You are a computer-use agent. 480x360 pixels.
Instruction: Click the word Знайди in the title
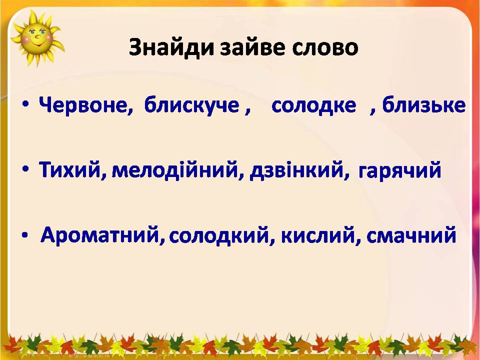coord(171,48)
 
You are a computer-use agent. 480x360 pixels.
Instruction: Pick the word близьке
coord(423,105)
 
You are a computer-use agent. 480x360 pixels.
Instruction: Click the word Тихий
coord(69,170)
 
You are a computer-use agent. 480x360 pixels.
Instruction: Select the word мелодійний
coord(175,170)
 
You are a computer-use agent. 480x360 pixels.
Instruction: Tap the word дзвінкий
coord(296,170)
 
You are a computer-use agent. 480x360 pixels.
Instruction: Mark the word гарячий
coord(399,171)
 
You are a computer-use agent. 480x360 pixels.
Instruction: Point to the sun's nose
coord(38,36)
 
